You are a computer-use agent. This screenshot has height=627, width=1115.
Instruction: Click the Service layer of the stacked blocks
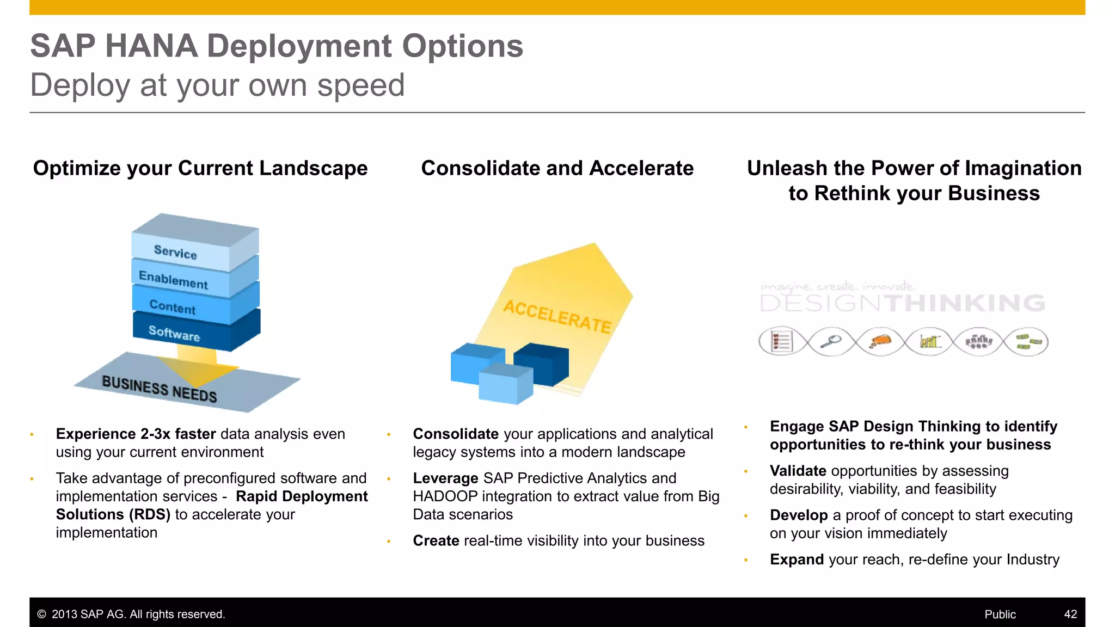point(175,252)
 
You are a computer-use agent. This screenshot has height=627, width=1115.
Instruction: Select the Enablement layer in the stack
point(173,280)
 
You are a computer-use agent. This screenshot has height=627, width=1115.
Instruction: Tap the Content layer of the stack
point(172,307)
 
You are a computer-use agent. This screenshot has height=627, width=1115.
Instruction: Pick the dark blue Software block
point(174,333)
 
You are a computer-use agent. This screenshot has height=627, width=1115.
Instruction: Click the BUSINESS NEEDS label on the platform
point(160,389)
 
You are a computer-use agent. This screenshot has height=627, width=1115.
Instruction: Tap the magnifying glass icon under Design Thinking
point(831,342)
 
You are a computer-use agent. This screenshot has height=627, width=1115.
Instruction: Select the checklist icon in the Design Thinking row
point(781,342)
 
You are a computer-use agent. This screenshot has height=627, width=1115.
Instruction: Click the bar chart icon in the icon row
point(929,342)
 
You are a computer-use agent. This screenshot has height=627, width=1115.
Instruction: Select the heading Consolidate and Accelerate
point(557,168)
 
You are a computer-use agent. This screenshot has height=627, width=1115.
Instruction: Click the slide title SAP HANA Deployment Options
point(277,46)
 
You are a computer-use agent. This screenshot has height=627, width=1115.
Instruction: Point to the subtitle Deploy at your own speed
point(217,85)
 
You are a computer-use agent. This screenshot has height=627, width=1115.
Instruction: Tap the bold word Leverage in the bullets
point(445,478)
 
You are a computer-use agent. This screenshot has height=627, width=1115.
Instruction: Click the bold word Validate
point(798,471)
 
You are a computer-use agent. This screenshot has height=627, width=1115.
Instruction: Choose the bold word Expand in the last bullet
point(797,560)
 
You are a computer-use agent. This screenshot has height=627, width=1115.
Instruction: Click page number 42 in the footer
point(1070,614)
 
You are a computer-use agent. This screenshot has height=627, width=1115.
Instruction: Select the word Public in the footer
point(1000,614)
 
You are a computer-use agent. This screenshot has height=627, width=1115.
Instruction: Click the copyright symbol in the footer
point(41,614)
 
